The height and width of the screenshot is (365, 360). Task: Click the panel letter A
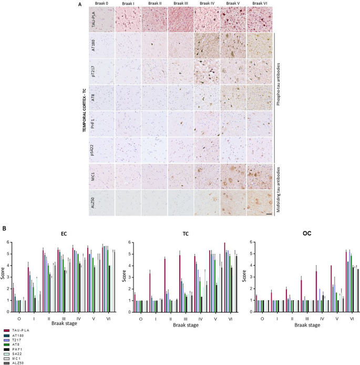pos(80,5)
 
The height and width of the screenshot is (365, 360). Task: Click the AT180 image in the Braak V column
pos(232,45)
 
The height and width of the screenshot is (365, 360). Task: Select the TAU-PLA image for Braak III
pos(179,19)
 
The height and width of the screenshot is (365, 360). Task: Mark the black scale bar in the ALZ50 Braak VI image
pos(268,214)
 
